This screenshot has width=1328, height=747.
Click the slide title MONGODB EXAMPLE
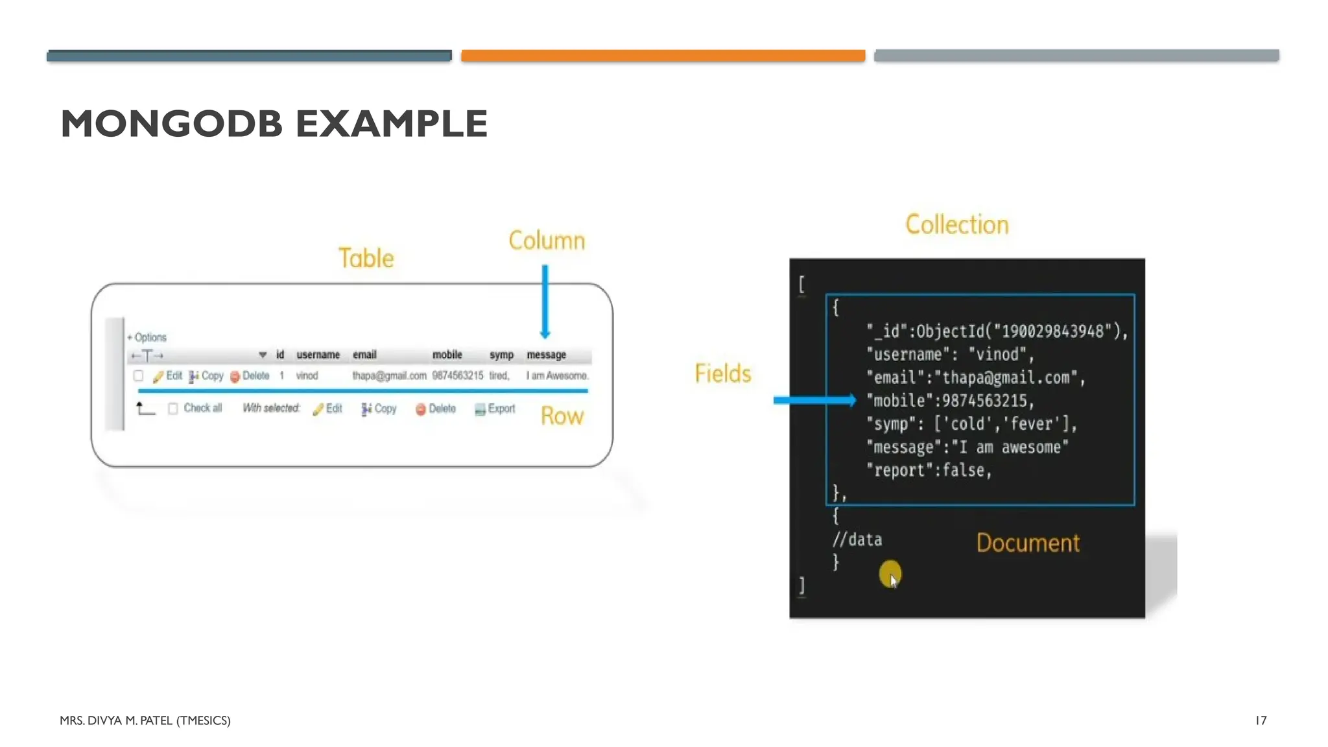(274, 123)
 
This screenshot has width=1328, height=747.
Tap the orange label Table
(366, 258)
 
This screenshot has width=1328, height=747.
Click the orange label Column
(547, 241)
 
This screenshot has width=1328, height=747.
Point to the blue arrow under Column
(545, 302)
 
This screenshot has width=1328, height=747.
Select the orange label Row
(562, 416)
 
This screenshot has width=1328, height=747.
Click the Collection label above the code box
(957, 224)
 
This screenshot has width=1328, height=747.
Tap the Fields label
(722, 373)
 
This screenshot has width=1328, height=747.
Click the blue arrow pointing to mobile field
(814, 400)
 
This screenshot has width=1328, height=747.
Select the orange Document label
(1028, 543)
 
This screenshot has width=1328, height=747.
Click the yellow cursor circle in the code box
(890, 573)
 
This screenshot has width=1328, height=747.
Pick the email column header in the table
(364, 355)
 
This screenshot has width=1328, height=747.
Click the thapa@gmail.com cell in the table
(389, 375)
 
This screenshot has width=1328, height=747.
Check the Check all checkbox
(173, 409)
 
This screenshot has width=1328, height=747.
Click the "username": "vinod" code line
(950, 355)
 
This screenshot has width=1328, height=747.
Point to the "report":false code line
(929, 470)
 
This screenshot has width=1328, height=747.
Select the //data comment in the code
(857, 539)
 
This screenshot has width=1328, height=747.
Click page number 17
(1261, 720)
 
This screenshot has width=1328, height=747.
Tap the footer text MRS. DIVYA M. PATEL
(145, 720)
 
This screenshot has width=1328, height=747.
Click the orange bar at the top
(663, 56)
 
